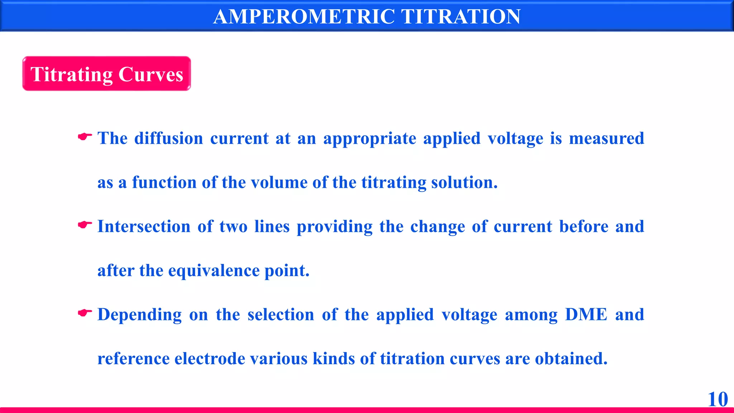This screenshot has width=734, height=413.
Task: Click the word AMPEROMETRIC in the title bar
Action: pyautogui.click(x=304, y=16)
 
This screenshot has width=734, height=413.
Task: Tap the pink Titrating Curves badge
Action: pyautogui.click(x=106, y=74)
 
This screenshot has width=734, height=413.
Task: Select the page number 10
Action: pyautogui.click(x=718, y=399)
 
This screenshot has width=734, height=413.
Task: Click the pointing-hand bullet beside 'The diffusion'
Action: pyautogui.click(x=85, y=137)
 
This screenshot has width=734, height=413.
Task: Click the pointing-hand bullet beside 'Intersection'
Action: pyautogui.click(x=85, y=225)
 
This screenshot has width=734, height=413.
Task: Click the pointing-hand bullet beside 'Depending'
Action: pyautogui.click(x=85, y=313)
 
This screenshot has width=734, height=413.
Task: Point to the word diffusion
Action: pyautogui.click(x=168, y=138)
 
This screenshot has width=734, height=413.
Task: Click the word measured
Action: pyautogui.click(x=606, y=138)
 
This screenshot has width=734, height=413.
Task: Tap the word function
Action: pyautogui.click(x=164, y=182)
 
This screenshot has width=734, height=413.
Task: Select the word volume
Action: pyautogui.click(x=279, y=182)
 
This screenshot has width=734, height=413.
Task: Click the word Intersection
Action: pyautogui.click(x=144, y=227)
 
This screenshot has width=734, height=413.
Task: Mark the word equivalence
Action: pyautogui.click(x=214, y=271)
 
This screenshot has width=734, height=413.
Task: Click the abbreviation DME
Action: pyautogui.click(x=586, y=315)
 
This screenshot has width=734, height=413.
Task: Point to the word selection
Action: pyautogui.click(x=281, y=315)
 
